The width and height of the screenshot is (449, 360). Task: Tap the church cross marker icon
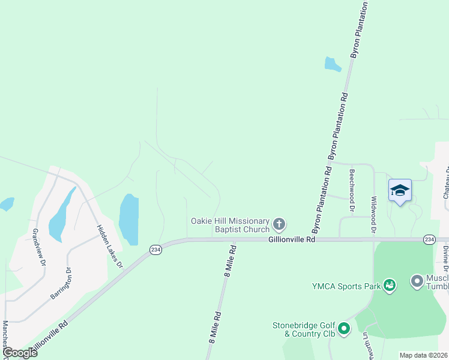click(279, 225)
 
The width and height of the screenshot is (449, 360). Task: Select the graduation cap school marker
click(400, 191)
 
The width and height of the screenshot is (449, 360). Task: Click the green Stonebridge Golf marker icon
click(343, 328)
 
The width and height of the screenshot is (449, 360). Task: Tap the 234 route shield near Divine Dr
click(429, 239)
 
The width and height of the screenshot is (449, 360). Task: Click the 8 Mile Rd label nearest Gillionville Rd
click(228, 259)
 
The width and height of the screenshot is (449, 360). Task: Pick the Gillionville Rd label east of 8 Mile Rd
click(291, 239)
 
